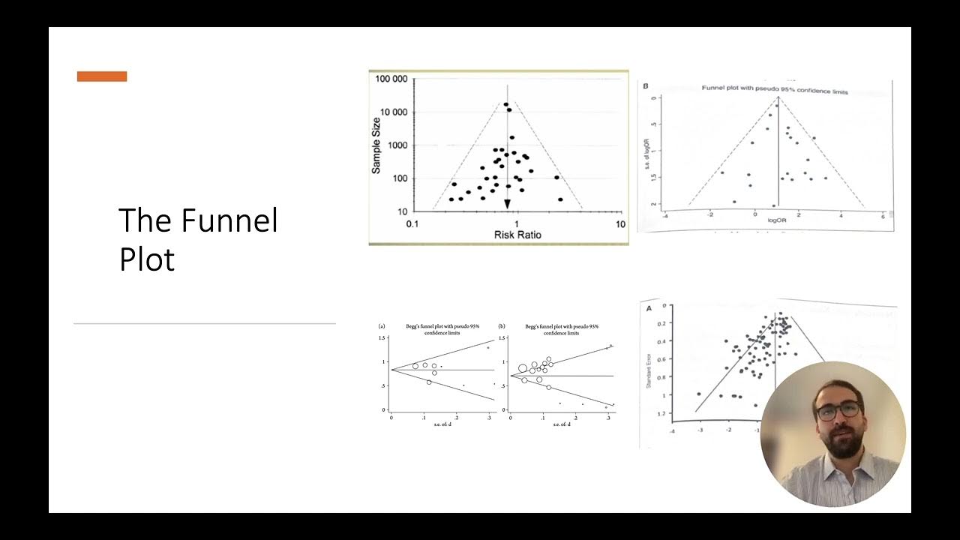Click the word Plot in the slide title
tap(147, 259)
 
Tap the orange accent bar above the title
tap(102, 76)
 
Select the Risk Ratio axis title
tap(517, 235)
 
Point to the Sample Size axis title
tap(376, 145)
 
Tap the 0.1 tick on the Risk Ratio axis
tap(412, 225)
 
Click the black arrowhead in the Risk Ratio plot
tap(508, 204)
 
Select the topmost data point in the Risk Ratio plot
tap(506, 105)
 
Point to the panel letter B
tap(645, 87)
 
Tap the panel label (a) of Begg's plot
tap(382, 327)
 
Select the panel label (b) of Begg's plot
tap(501, 327)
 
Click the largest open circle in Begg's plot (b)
tap(522, 368)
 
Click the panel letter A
tap(646, 307)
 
